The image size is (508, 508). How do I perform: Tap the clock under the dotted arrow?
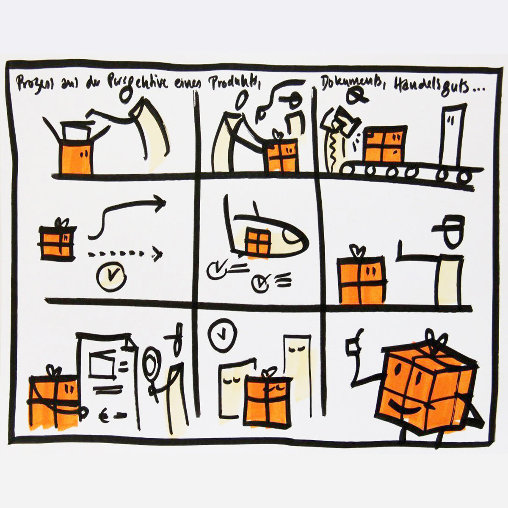tap(111, 276)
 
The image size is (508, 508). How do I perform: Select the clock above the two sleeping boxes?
tap(221, 337)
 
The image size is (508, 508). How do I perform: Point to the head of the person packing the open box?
tap(125, 96)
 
